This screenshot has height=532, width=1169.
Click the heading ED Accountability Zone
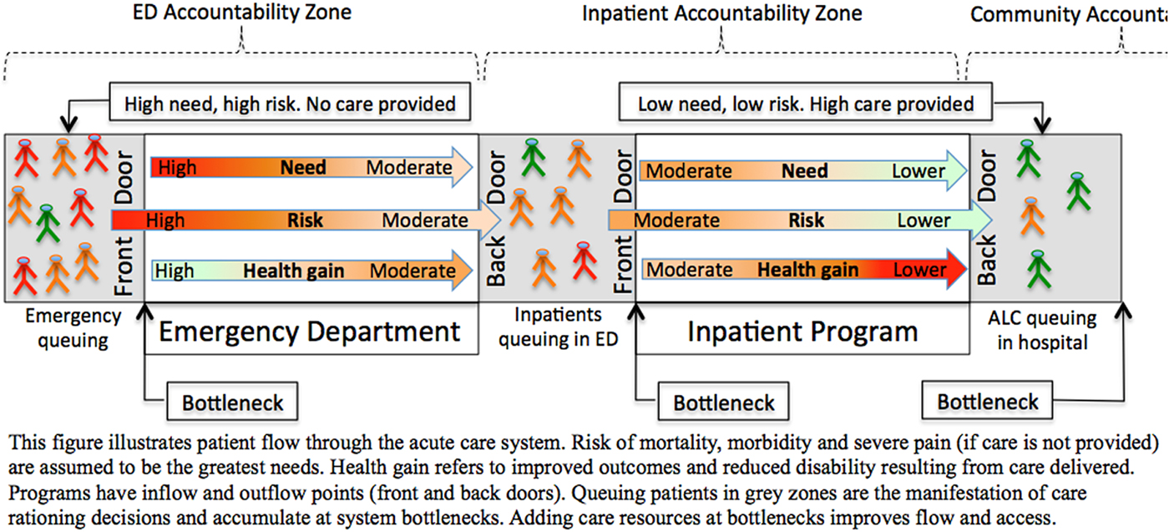(x=242, y=13)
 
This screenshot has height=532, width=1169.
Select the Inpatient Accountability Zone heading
(x=721, y=14)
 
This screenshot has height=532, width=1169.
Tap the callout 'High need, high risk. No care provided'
(x=290, y=104)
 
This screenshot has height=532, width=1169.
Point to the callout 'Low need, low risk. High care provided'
(x=806, y=104)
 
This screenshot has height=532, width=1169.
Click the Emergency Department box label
(x=310, y=332)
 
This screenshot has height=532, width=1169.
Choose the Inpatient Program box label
(x=802, y=332)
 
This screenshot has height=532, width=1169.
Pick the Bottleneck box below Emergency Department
(x=233, y=403)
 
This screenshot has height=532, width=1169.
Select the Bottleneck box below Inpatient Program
(x=724, y=403)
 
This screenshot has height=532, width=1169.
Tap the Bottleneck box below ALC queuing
(x=988, y=402)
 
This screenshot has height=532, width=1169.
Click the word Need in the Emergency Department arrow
(x=303, y=168)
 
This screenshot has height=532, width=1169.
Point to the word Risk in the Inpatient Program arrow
(x=807, y=220)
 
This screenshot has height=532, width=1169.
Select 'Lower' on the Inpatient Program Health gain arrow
(x=919, y=270)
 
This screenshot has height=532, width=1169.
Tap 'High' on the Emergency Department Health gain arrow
(x=175, y=271)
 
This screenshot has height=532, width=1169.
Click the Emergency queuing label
(x=73, y=328)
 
